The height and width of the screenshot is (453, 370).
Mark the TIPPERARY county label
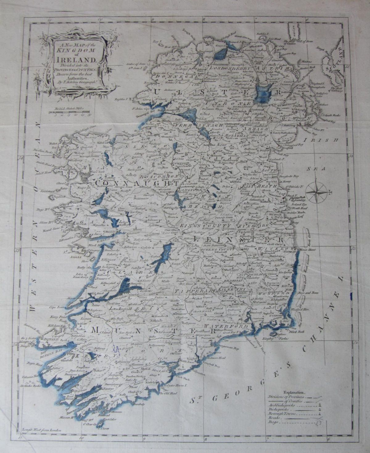[195, 291]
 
